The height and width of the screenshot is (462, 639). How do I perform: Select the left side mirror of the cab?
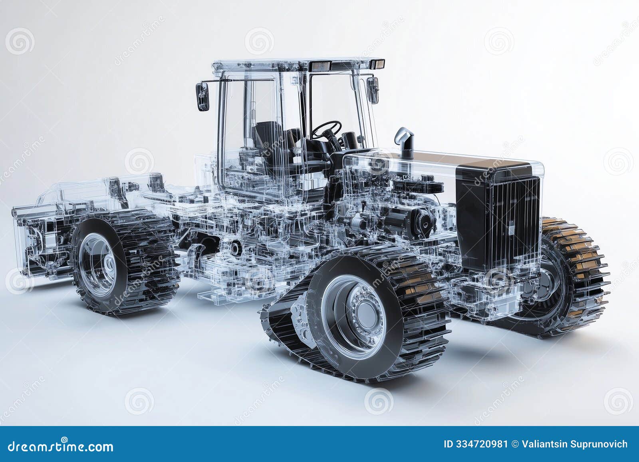click(x=202, y=96)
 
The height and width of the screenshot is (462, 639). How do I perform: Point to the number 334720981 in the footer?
click(x=476, y=444)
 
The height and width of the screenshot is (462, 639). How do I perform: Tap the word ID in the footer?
click(x=448, y=444)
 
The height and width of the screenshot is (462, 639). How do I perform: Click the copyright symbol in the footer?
click(x=515, y=444)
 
